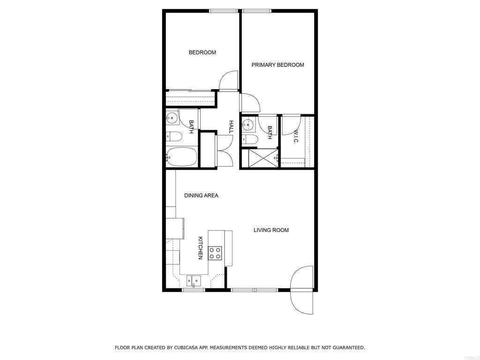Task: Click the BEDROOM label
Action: (x=202, y=52)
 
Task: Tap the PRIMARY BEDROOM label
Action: (x=277, y=65)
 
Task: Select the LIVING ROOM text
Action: (x=271, y=230)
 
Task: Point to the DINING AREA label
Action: (x=201, y=195)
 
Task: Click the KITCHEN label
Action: (x=201, y=248)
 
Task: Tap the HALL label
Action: (x=232, y=127)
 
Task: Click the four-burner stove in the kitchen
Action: (x=215, y=253)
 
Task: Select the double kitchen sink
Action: (x=194, y=280)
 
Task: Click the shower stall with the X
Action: (x=263, y=158)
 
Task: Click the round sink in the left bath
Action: (x=172, y=117)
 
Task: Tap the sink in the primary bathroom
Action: (x=247, y=125)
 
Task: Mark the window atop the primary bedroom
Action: (x=256, y=11)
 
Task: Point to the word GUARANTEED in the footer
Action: (x=349, y=347)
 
